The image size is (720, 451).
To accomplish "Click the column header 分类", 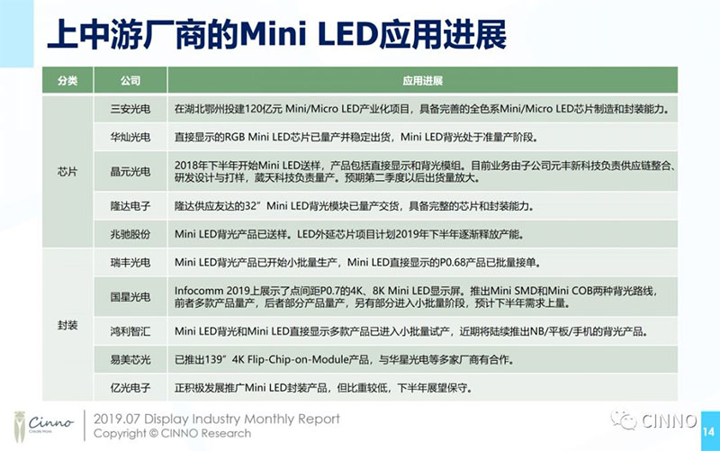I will click(67, 81).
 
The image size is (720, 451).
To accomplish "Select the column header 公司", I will click(130, 81).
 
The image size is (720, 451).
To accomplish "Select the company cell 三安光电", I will click(130, 108).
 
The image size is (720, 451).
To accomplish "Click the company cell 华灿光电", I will click(130, 138).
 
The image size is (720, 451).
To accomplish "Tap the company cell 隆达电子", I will click(130, 206).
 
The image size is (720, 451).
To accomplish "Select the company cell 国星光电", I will click(130, 296).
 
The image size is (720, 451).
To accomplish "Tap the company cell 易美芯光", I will click(130, 360).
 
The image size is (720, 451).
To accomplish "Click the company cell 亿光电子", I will click(130, 389).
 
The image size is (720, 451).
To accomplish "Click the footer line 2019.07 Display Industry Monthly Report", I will click(218, 419).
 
